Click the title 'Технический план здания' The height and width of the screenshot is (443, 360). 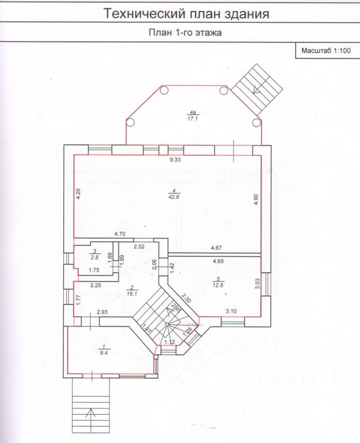[186, 14]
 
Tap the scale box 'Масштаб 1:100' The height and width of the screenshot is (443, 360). [326, 51]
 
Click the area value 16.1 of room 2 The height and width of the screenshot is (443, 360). [132, 293]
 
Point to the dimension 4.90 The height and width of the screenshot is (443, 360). [255, 200]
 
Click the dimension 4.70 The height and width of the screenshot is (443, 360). [121, 234]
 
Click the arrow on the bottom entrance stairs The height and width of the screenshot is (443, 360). [91, 412]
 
